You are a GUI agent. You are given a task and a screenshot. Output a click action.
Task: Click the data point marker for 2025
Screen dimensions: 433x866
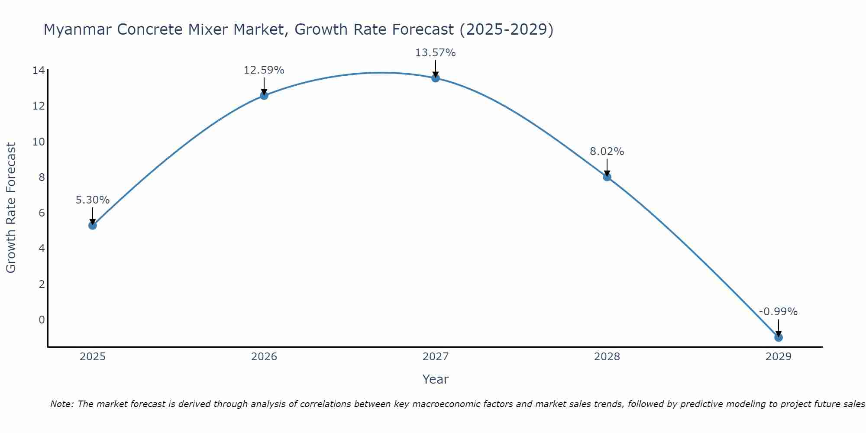[x=92, y=225]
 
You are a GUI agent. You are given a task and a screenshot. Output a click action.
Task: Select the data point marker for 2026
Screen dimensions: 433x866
[x=264, y=95]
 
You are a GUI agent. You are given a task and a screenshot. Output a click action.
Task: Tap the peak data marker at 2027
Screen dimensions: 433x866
[x=435, y=78]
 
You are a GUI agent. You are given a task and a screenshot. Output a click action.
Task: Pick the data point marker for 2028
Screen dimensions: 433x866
[x=607, y=177]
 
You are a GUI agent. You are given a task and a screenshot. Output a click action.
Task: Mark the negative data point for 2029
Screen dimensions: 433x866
[x=778, y=337]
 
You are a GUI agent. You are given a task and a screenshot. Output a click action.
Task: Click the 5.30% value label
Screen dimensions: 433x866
[x=92, y=200]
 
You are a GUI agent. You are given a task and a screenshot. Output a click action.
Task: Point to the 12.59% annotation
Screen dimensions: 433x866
[x=264, y=70]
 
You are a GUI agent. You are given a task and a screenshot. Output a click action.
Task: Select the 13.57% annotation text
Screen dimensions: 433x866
[x=435, y=53]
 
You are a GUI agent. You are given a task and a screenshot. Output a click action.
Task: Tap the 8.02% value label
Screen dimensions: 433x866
[x=607, y=152]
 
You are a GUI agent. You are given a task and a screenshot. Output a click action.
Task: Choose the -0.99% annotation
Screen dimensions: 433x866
[x=778, y=312]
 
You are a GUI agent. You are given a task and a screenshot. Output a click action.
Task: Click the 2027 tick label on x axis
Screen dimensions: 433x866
[x=435, y=357]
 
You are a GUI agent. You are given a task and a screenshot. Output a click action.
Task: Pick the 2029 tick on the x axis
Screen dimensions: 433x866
[x=778, y=357]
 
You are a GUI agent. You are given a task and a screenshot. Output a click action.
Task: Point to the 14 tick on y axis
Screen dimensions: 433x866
[x=39, y=70]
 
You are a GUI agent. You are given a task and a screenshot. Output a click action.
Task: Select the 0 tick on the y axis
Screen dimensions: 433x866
[x=42, y=320]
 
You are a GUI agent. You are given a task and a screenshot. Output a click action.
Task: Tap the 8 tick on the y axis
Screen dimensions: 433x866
[x=42, y=177]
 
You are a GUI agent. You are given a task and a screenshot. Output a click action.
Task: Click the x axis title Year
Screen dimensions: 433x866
[x=435, y=379]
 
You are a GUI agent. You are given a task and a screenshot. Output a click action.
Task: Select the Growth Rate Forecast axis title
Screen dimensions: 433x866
[x=11, y=208]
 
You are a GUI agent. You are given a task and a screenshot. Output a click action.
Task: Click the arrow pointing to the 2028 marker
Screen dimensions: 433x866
[x=607, y=167]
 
